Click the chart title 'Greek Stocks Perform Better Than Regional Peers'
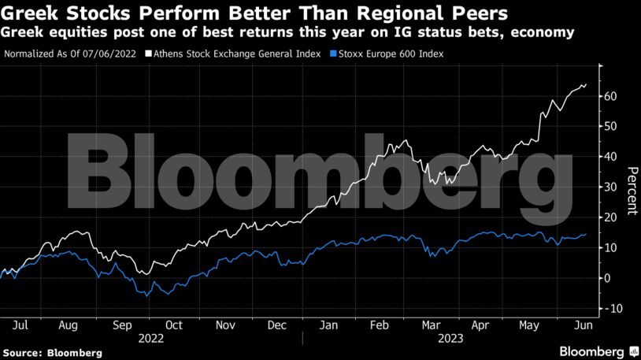254,13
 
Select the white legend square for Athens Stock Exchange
150,54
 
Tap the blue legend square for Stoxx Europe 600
332,54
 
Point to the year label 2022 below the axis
150,338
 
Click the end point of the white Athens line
585,84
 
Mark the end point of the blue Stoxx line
585,234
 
